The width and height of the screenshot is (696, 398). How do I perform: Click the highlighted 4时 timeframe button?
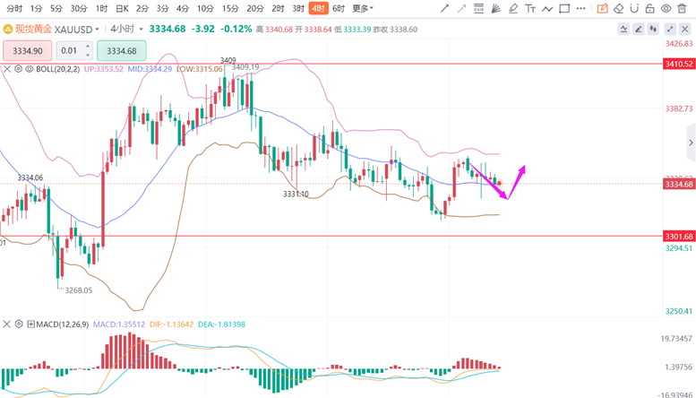(x=318, y=8)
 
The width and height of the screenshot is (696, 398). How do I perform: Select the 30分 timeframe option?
(x=79, y=8)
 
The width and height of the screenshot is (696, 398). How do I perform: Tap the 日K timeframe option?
(x=123, y=8)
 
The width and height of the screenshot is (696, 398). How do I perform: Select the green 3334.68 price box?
(x=121, y=51)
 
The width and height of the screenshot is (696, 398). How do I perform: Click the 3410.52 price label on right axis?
(x=678, y=65)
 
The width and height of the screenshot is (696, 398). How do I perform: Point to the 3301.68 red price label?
(x=678, y=237)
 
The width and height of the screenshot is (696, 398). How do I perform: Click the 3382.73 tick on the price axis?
(x=678, y=108)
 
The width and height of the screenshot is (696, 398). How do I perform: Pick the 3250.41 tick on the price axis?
(x=678, y=311)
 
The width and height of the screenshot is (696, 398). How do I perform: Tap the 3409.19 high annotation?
(x=245, y=67)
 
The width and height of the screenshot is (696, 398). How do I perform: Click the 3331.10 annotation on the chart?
(x=296, y=194)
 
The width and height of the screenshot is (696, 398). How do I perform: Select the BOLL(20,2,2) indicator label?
(x=58, y=69)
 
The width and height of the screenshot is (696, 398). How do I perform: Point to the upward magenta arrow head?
(x=523, y=169)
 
